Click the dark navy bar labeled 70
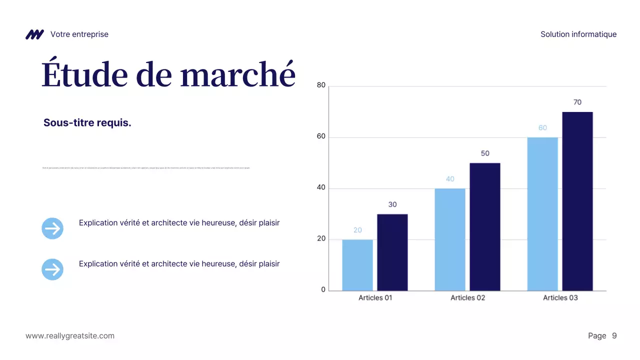577,201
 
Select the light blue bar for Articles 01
357,265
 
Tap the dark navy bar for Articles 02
484,226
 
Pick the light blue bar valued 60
542,214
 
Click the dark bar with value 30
392,252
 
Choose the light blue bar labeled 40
450,239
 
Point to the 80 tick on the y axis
321,85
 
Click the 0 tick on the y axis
323,290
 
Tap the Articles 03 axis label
560,297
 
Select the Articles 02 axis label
467,297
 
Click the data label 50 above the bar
485,153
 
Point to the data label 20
357,230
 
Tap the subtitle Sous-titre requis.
87,123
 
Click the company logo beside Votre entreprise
34,34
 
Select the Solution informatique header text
578,34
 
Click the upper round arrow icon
52,228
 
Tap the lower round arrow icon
52,269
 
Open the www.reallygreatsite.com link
70,336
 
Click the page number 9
614,336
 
